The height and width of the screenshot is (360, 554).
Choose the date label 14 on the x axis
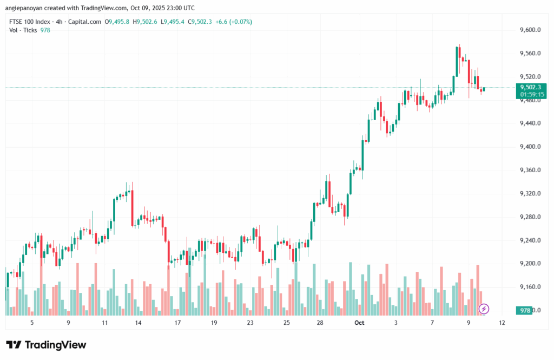click(x=138, y=323)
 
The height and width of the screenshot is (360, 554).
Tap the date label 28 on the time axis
click(x=320, y=323)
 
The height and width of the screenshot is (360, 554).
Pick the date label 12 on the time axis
click(x=502, y=323)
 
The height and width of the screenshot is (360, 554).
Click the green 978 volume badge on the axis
click(x=524, y=310)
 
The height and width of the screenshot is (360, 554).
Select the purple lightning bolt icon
click(x=484, y=309)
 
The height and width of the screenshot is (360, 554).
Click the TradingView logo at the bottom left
click(x=46, y=345)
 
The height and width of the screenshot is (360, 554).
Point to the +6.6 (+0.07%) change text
click(x=233, y=22)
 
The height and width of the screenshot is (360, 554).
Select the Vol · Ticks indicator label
click(x=23, y=30)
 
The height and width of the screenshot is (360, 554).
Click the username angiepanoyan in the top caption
click(x=28, y=8)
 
